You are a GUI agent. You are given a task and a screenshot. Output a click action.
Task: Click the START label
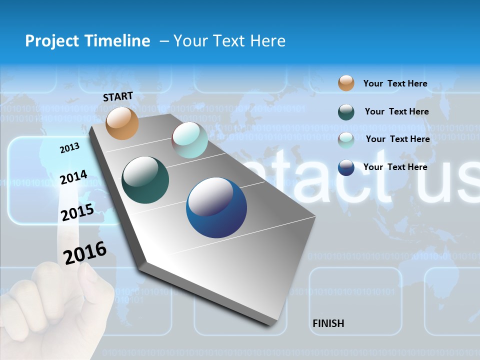click(x=118, y=96)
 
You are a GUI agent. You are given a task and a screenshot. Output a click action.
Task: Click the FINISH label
click(x=328, y=323)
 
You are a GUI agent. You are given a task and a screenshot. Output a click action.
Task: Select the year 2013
click(x=69, y=148)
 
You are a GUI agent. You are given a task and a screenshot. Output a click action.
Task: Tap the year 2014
click(x=73, y=177)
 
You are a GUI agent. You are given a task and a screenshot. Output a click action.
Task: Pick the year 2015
click(x=77, y=212)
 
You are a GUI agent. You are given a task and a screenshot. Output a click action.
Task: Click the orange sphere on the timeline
click(x=122, y=123)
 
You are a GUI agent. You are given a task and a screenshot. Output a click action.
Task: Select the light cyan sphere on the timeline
click(x=189, y=140)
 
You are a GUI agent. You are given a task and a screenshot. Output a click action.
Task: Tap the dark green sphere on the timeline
click(x=145, y=180)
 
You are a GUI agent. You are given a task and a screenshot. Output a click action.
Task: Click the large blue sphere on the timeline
click(x=216, y=207)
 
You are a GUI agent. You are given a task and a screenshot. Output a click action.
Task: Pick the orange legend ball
click(x=346, y=83)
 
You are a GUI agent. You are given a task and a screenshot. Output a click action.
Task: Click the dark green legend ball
click(x=346, y=112)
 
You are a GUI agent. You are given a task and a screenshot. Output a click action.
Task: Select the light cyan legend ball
click(x=346, y=140)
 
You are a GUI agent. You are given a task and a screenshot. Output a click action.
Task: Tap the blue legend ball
click(x=346, y=167)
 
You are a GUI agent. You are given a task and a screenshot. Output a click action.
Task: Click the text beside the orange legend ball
click(x=395, y=83)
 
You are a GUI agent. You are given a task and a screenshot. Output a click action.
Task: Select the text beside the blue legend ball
click(x=395, y=167)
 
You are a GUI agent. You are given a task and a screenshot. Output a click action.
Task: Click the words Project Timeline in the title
click(x=87, y=41)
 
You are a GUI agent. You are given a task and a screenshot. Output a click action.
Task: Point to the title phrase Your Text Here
click(x=229, y=41)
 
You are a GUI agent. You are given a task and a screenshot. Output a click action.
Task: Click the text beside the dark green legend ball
click(x=396, y=111)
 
